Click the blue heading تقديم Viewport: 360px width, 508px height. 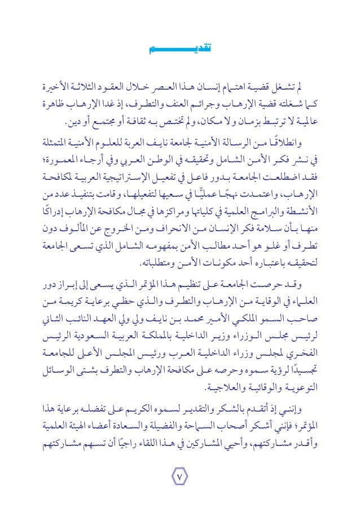click(180, 51)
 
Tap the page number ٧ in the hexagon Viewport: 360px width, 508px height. click(180, 479)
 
